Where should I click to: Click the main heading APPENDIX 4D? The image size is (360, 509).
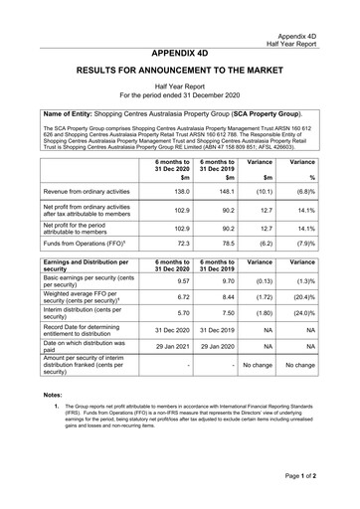point(180,53)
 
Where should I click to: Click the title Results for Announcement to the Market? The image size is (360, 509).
point(180,74)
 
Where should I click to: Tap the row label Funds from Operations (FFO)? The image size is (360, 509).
point(85,243)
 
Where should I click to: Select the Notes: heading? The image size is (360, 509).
point(53,396)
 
